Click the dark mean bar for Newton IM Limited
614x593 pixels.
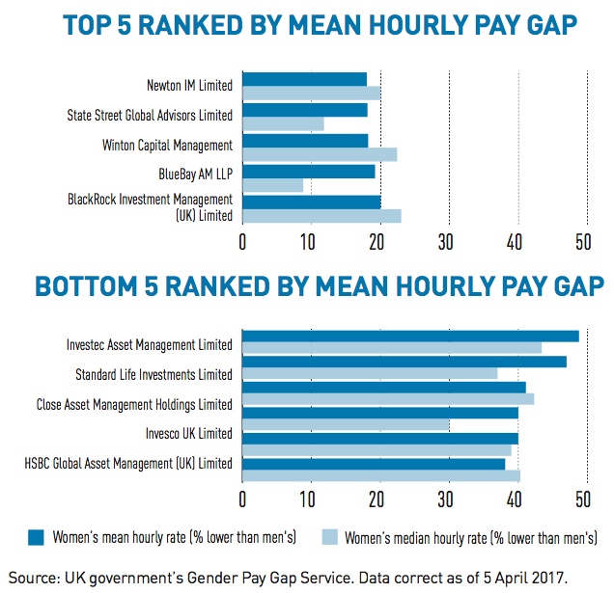(x=304, y=79)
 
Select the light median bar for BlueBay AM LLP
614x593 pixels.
(x=272, y=185)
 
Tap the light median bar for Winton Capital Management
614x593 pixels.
(x=319, y=154)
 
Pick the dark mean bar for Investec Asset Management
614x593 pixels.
(x=409, y=336)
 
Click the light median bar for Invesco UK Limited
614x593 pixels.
(x=345, y=425)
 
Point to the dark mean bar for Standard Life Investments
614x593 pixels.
(x=404, y=362)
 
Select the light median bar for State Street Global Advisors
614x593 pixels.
(x=283, y=124)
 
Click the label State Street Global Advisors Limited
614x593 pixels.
(x=150, y=116)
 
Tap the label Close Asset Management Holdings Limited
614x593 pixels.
(x=134, y=404)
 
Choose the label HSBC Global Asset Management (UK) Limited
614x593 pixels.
(x=128, y=463)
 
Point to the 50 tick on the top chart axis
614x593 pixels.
(x=582, y=240)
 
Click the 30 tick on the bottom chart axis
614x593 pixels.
(x=447, y=499)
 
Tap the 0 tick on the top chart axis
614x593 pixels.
(x=242, y=240)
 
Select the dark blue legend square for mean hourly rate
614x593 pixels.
(x=37, y=536)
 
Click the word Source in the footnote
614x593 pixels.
(x=34, y=575)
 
